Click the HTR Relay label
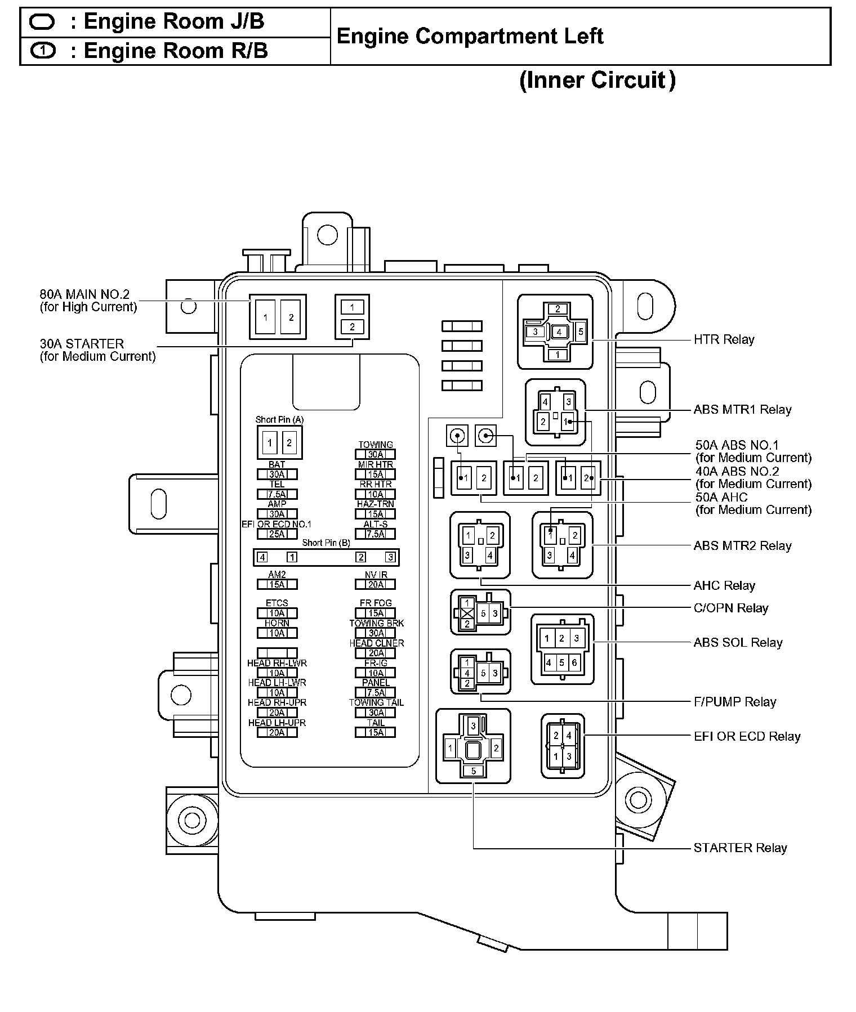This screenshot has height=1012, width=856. tap(723, 339)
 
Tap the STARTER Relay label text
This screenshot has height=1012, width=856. tap(739, 848)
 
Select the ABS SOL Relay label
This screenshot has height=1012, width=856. tap(738, 642)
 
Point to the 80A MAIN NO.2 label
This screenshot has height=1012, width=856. tap(84, 294)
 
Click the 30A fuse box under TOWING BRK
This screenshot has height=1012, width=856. tap(376, 633)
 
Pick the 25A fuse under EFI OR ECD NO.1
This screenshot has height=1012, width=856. tap(277, 534)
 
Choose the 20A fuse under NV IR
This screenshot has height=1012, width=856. tap(376, 584)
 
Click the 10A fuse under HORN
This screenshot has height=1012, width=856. tap(277, 633)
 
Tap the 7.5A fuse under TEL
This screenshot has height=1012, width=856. tap(277, 494)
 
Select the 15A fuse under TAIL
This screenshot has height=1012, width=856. tap(376, 732)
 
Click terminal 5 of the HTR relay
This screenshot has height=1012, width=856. tap(581, 332)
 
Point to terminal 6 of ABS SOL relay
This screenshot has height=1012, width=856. tap(574, 662)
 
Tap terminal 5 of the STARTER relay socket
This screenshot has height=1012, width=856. tap(474, 771)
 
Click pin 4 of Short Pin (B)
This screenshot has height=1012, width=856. tap(262, 557)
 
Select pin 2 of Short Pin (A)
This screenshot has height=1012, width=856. tap(289, 442)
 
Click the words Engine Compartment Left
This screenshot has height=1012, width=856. tap(470, 37)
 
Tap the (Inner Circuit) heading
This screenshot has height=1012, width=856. tap(597, 80)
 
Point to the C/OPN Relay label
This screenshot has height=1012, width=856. tap(730, 608)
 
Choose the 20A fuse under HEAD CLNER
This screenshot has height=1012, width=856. tap(376, 653)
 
